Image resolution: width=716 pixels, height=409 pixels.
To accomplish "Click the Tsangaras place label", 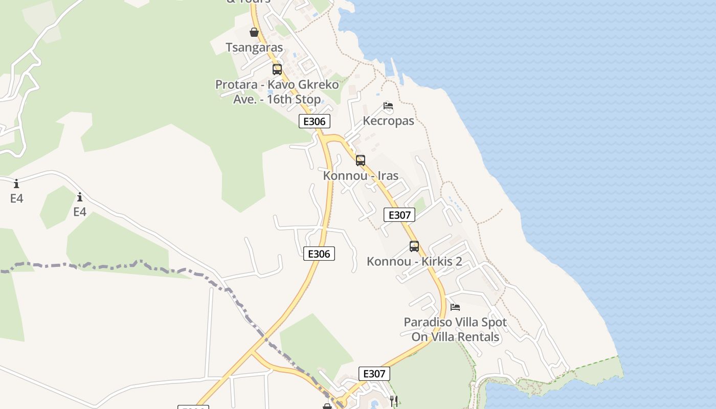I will point(254,48).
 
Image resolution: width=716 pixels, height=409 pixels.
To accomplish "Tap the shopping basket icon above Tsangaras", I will point(254,33).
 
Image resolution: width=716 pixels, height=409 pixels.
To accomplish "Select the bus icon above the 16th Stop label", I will point(277,70).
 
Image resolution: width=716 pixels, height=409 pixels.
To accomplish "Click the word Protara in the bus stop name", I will point(236,84).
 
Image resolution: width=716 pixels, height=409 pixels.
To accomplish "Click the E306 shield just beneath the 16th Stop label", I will point(315,121).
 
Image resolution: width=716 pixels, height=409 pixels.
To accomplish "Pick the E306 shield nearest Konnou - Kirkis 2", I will point(319,254).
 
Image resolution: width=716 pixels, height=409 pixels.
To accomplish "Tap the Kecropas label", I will point(388,121).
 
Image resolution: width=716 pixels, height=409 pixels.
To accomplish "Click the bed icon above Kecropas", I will point(388,106).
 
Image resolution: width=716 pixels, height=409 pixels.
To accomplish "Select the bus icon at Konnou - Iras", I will point(361,161).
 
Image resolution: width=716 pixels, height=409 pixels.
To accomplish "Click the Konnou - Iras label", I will point(361,176).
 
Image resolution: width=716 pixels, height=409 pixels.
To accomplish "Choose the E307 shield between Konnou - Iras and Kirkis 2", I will point(399,215).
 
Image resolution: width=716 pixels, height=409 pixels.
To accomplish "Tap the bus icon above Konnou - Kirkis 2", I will point(414,246).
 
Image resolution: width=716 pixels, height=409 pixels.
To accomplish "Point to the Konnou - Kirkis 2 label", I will point(414,262).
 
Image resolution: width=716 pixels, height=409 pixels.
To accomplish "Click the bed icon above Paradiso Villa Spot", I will point(455,307).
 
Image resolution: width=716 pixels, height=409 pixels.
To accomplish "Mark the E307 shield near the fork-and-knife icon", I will point(374,374).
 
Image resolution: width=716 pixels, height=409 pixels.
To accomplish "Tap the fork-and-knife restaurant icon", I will point(394,401).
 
